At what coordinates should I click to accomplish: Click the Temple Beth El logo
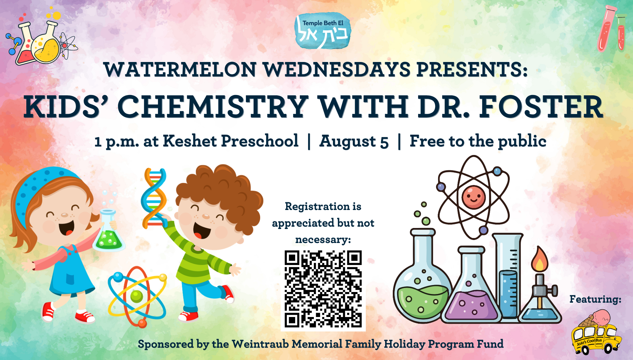tap(322, 31)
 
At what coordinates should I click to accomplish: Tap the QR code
tap(323, 289)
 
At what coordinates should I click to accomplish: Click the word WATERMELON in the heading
tap(180, 70)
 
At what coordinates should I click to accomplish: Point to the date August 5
tap(354, 141)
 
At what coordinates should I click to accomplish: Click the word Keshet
tap(190, 141)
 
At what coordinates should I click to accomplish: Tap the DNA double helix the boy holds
tap(154, 198)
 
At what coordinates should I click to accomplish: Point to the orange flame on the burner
tap(540, 259)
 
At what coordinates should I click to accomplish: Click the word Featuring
tap(595, 299)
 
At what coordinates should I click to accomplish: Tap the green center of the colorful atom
tap(136, 296)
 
